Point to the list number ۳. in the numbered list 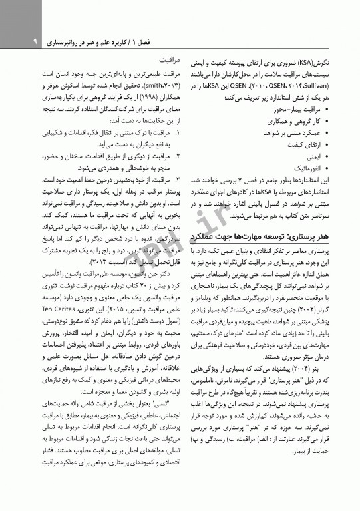tap(175, 180)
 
